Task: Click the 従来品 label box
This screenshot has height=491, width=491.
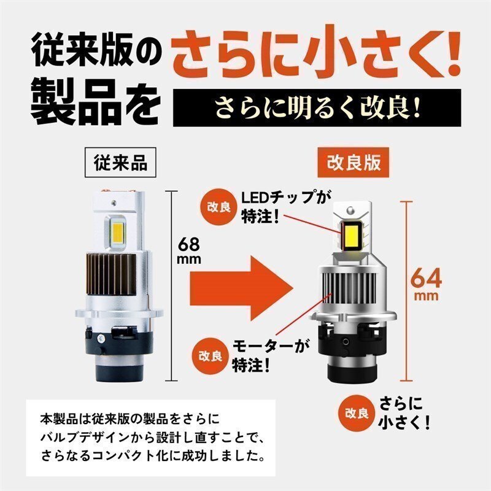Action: (x=120, y=162)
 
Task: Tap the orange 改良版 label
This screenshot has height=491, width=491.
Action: (x=354, y=162)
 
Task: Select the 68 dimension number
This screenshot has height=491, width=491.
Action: (x=189, y=244)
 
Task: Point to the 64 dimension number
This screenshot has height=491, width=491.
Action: (x=426, y=279)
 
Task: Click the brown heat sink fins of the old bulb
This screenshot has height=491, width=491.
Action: (x=111, y=274)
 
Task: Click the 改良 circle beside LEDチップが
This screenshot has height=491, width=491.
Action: (x=218, y=207)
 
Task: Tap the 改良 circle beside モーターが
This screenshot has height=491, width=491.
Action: (x=210, y=356)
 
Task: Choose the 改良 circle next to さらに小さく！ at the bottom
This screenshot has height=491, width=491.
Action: (x=357, y=413)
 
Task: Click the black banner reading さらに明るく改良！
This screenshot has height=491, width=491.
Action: (x=317, y=108)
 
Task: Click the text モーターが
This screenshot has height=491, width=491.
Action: (x=270, y=346)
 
